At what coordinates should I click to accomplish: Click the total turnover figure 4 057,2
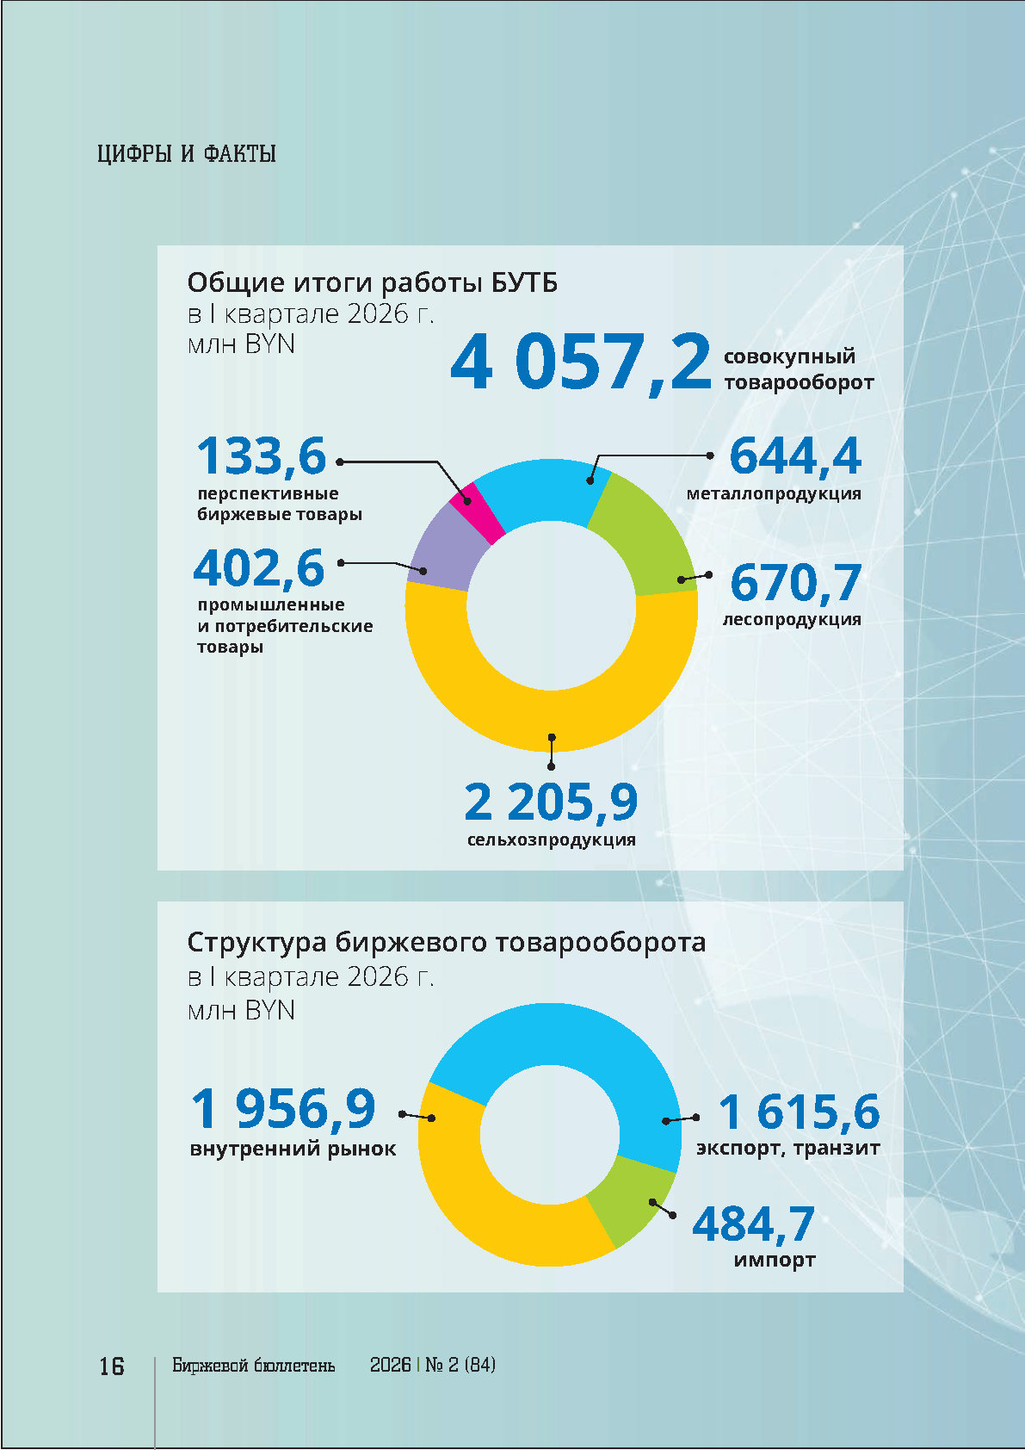pos(580,362)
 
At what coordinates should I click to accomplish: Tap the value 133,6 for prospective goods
pos(262,456)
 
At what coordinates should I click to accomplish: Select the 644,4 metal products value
pos(794,456)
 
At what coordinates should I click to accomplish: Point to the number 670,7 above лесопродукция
pos(795,583)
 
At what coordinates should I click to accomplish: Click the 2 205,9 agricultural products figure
pos(551,802)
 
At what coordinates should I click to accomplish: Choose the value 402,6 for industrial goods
pos(259,568)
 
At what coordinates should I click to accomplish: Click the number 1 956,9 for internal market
pos(283,1109)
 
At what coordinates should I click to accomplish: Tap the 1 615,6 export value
pos(799,1112)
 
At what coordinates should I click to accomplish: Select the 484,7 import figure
pos(753,1224)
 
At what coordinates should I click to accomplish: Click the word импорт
pos(775,1260)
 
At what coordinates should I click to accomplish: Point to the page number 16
pos(112,1366)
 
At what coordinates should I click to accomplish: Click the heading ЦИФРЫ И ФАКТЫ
pos(187,155)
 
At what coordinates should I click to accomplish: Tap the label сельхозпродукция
pos(551,840)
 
